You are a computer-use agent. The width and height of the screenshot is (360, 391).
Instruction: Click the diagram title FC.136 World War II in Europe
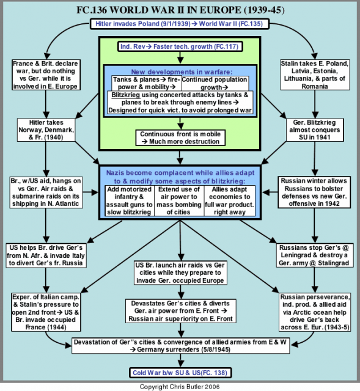180,10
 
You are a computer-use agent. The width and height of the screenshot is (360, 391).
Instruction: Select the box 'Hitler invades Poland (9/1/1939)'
179,24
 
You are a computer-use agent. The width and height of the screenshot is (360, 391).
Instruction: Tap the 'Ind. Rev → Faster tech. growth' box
180,46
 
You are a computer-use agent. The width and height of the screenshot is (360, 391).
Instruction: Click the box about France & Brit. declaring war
46,75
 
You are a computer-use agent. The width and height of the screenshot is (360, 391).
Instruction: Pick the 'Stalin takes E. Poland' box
315,75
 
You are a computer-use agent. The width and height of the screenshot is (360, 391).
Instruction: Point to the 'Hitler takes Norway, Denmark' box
46,130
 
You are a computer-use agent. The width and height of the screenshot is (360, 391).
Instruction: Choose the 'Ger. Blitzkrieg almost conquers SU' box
315,130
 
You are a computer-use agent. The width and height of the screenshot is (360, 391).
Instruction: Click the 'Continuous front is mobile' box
180,137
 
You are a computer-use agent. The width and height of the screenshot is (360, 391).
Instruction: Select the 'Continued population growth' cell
215,83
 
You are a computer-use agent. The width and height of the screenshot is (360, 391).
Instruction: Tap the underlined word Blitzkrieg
126,95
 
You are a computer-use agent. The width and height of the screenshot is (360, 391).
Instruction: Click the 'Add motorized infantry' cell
130,201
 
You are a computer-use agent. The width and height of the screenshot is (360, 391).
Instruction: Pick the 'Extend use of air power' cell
179,201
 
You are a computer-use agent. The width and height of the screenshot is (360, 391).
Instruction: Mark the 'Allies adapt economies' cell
230,201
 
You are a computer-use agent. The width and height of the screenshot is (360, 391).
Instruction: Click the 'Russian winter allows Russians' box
314,192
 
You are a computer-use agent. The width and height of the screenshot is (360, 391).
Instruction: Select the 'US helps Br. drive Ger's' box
46,255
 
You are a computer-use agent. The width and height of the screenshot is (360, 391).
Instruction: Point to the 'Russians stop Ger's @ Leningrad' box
315,255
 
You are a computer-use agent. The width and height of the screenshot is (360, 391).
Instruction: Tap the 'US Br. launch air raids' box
180,273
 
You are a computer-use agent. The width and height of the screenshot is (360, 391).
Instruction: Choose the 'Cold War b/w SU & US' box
180,373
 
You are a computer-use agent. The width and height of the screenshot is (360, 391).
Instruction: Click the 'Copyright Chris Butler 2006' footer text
180,387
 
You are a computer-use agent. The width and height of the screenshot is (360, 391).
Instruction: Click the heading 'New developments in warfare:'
182,72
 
